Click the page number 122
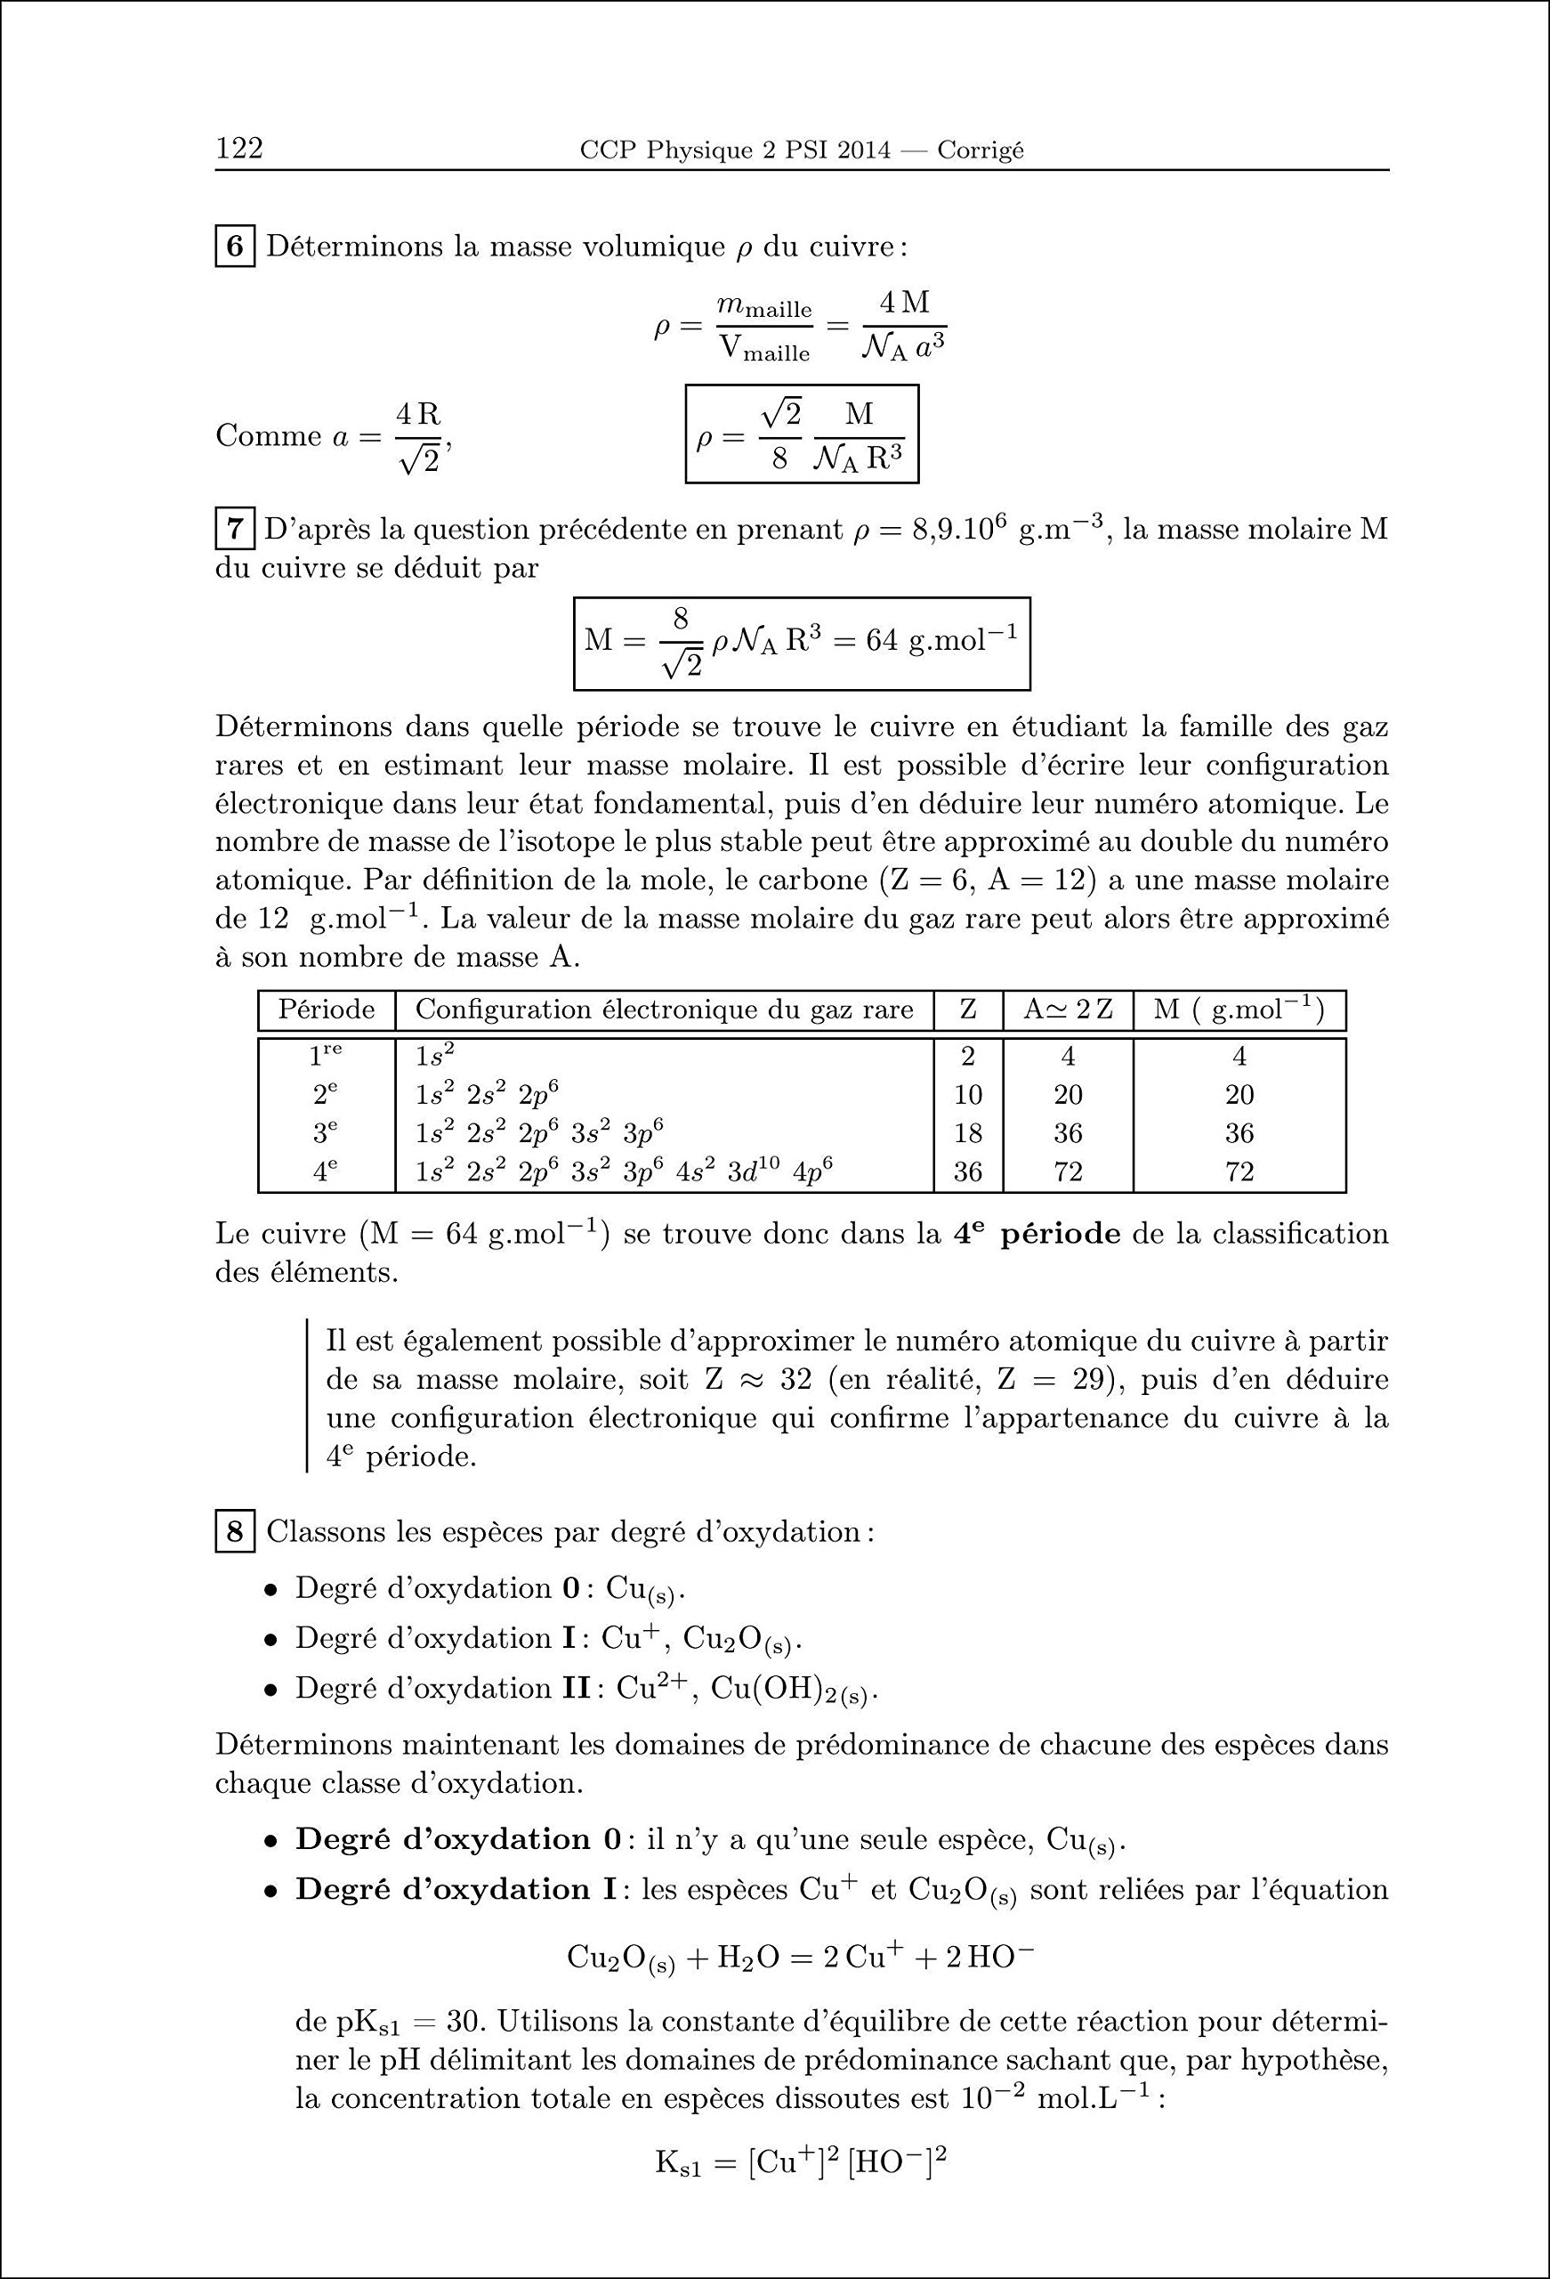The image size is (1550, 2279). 239,148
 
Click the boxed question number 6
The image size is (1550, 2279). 235,246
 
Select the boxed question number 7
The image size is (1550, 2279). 235,531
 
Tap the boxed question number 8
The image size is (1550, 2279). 235,1532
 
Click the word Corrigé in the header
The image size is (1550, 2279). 980,150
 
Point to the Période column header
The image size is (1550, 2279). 327,1010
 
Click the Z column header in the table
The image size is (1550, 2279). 968,1010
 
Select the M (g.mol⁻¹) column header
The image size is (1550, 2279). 1239,1010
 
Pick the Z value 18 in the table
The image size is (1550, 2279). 968,1133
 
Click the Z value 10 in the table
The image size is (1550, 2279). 968,1095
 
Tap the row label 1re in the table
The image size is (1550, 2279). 327,1056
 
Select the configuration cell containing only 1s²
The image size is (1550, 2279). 435,1056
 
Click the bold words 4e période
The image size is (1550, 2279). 1037,1234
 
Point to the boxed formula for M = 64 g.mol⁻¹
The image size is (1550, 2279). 801,644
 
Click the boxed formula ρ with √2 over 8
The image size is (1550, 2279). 801,434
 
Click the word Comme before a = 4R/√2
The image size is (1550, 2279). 268,436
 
